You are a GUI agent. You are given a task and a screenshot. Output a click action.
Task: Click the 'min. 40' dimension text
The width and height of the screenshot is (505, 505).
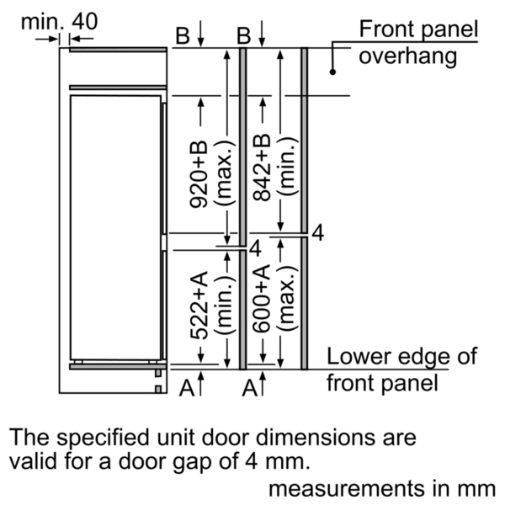(59, 22)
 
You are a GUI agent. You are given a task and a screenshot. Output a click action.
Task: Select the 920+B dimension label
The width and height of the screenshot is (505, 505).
(199, 174)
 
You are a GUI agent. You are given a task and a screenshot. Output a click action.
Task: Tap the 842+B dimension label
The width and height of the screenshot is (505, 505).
(262, 167)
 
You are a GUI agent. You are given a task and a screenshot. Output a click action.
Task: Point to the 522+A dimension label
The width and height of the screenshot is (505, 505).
(199, 306)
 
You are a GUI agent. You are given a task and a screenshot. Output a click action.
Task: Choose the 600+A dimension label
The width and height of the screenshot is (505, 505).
(261, 299)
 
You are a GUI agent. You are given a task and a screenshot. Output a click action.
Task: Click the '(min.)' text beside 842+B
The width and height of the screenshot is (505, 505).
(287, 167)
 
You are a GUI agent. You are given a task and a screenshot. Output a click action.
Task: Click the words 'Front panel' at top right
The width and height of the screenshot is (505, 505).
(418, 29)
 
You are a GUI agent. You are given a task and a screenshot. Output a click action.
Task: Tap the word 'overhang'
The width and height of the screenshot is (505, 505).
(407, 56)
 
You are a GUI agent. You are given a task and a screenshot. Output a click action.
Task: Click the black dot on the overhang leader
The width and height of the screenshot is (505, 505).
(332, 72)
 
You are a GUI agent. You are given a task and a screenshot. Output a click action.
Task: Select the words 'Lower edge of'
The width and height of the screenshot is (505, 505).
(401, 357)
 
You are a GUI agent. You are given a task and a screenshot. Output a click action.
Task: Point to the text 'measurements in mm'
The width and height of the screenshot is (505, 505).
(382, 488)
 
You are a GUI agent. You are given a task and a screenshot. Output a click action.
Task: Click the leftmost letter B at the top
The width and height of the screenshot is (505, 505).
(183, 35)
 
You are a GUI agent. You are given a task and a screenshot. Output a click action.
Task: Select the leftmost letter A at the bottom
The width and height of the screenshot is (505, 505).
(187, 388)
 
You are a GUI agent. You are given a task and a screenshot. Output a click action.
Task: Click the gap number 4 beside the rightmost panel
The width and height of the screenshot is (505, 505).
(318, 233)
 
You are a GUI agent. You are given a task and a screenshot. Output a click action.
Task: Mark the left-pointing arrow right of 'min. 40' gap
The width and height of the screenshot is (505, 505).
(82, 39)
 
